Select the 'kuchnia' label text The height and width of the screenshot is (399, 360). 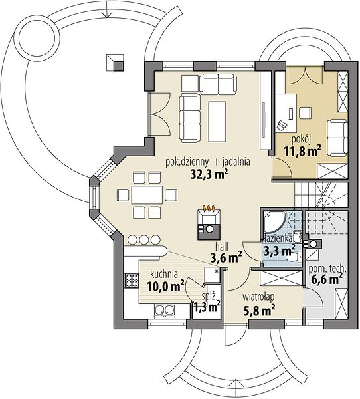click(x=164, y=274)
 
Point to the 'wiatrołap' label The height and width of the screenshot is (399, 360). click(x=258, y=297)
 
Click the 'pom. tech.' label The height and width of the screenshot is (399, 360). click(x=327, y=269)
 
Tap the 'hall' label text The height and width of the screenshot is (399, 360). click(x=222, y=247)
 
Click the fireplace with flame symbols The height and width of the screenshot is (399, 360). click(x=209, y=222)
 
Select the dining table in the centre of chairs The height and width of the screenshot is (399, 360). click(x=147, y=195)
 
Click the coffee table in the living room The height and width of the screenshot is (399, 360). click(x=217, y=122)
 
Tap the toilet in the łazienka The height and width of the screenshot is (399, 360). click(x=294, y=257)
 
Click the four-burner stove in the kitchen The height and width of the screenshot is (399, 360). click(x=132, y=281)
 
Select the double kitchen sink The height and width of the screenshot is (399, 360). click(x=164, y=311)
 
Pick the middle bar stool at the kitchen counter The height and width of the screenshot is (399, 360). click(x=143, y=239)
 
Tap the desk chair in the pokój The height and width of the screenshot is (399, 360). click(x=282, y=125)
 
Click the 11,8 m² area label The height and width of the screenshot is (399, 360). click(x=302, y=152)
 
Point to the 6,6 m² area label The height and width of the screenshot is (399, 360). click(x=327, y=279)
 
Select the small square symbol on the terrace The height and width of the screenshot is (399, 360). click(x=115, y=62)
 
